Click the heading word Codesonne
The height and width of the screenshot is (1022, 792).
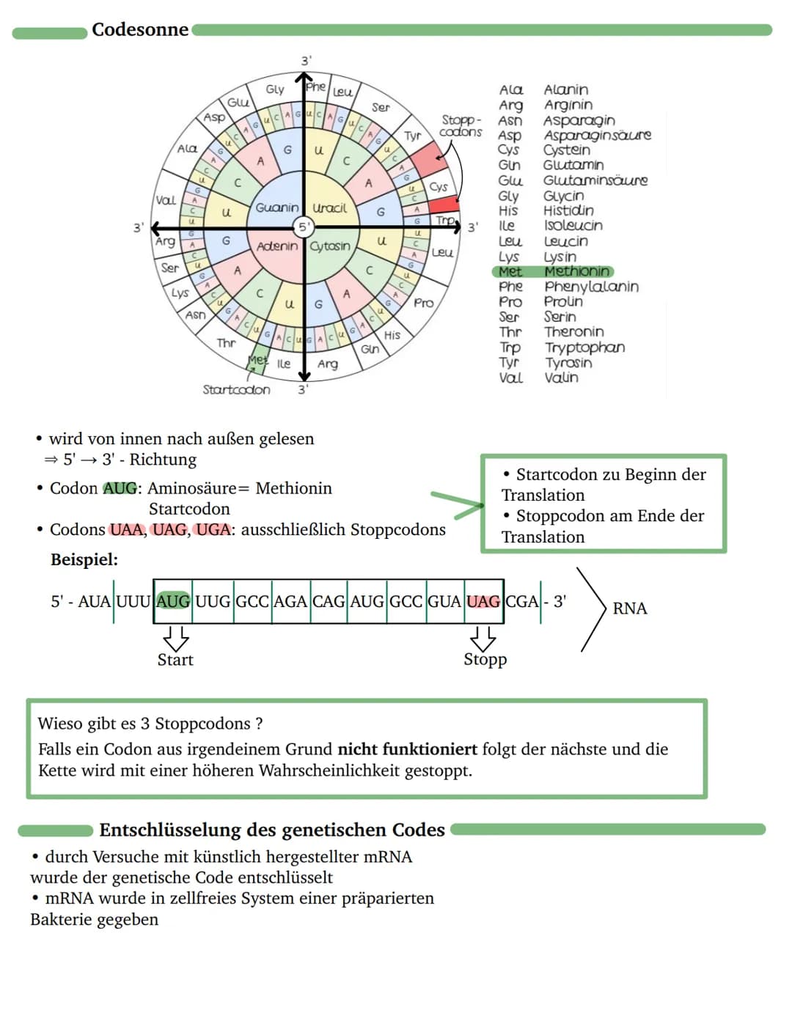140,30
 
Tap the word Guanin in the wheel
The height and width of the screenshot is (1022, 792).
277,207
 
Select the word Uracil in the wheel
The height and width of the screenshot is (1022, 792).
329,208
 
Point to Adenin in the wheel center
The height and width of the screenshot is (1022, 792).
277,246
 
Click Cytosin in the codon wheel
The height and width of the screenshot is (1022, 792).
330,246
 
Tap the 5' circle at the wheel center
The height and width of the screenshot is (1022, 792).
303,227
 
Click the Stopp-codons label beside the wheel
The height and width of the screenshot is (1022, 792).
461,125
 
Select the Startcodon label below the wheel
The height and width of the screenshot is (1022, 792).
236,389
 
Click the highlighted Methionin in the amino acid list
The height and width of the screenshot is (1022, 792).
576,271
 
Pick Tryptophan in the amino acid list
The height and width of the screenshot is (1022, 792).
584,348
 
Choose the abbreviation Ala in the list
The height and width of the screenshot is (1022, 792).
510,89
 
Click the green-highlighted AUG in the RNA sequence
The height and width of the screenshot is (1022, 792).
173,601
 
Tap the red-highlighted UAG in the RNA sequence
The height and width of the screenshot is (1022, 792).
483,601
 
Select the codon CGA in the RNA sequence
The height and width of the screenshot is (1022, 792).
522,601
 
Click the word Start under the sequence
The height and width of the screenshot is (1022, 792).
175,660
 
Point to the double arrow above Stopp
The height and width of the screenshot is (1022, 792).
483,637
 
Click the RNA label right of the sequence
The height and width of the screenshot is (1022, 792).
629,609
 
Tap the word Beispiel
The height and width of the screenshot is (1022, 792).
84,560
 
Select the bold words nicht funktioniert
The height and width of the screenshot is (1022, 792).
407,749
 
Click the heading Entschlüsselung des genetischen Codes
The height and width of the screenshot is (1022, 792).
272,830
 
